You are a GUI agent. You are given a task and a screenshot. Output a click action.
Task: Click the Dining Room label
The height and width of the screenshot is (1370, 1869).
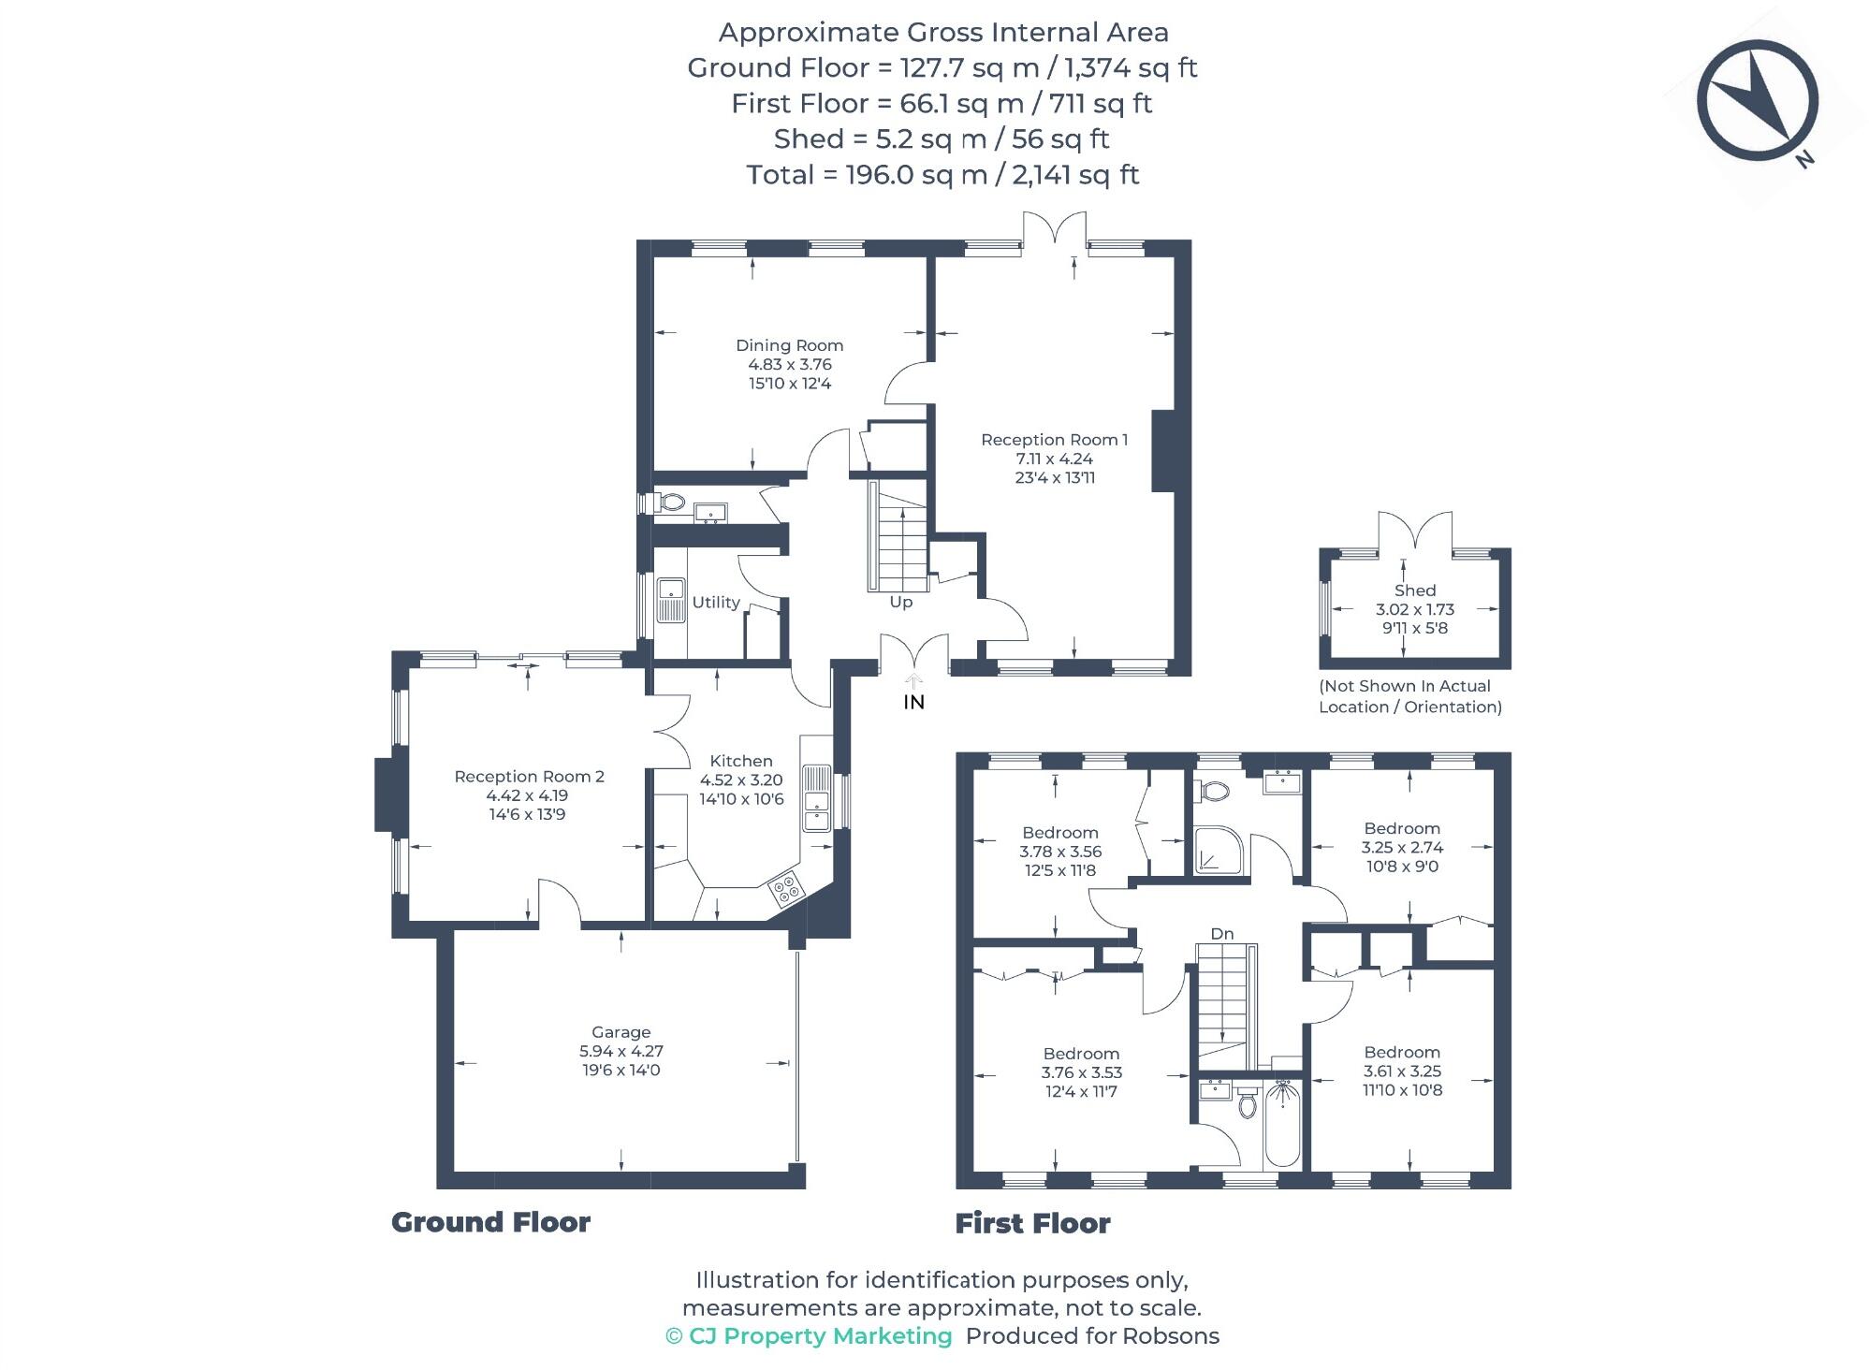point(789,345)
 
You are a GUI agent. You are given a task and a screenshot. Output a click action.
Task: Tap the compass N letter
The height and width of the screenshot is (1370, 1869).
point(1804,159)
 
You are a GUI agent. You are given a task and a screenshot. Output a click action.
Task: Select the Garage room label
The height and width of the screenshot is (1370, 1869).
point(621,1032)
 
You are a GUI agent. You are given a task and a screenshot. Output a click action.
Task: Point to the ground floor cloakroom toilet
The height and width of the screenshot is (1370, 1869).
point(671,503)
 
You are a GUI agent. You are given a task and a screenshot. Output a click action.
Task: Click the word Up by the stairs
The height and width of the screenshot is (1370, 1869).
point(900,602)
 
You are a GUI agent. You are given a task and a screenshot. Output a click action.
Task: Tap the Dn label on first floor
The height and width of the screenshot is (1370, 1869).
point(1221,933)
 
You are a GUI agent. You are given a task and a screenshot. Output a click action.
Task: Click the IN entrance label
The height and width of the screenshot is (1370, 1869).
point(913,702)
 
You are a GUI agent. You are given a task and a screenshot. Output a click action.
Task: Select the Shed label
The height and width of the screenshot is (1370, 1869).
point(1414,590)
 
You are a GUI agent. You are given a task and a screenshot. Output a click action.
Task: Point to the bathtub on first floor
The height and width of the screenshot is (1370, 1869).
point(1282,1123)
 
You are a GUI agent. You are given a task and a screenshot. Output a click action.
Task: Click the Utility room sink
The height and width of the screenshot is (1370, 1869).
point(670,600)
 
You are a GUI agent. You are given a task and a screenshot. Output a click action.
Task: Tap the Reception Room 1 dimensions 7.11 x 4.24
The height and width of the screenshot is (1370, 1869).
point(1054,459)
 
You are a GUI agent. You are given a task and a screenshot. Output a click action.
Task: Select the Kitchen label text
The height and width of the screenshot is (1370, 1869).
point(740,761)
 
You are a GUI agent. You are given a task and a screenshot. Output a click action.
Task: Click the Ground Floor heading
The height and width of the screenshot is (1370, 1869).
point(490,1222)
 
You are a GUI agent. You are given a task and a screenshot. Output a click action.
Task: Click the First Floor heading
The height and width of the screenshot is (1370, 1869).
point(1032,1223)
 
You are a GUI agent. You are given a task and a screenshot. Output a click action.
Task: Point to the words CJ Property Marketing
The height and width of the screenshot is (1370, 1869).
point(820,1336)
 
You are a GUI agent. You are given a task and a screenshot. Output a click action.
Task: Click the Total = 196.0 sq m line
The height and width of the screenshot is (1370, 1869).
point(942,175)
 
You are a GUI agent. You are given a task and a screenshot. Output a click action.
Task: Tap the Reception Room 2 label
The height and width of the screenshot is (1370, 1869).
point(529,776)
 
